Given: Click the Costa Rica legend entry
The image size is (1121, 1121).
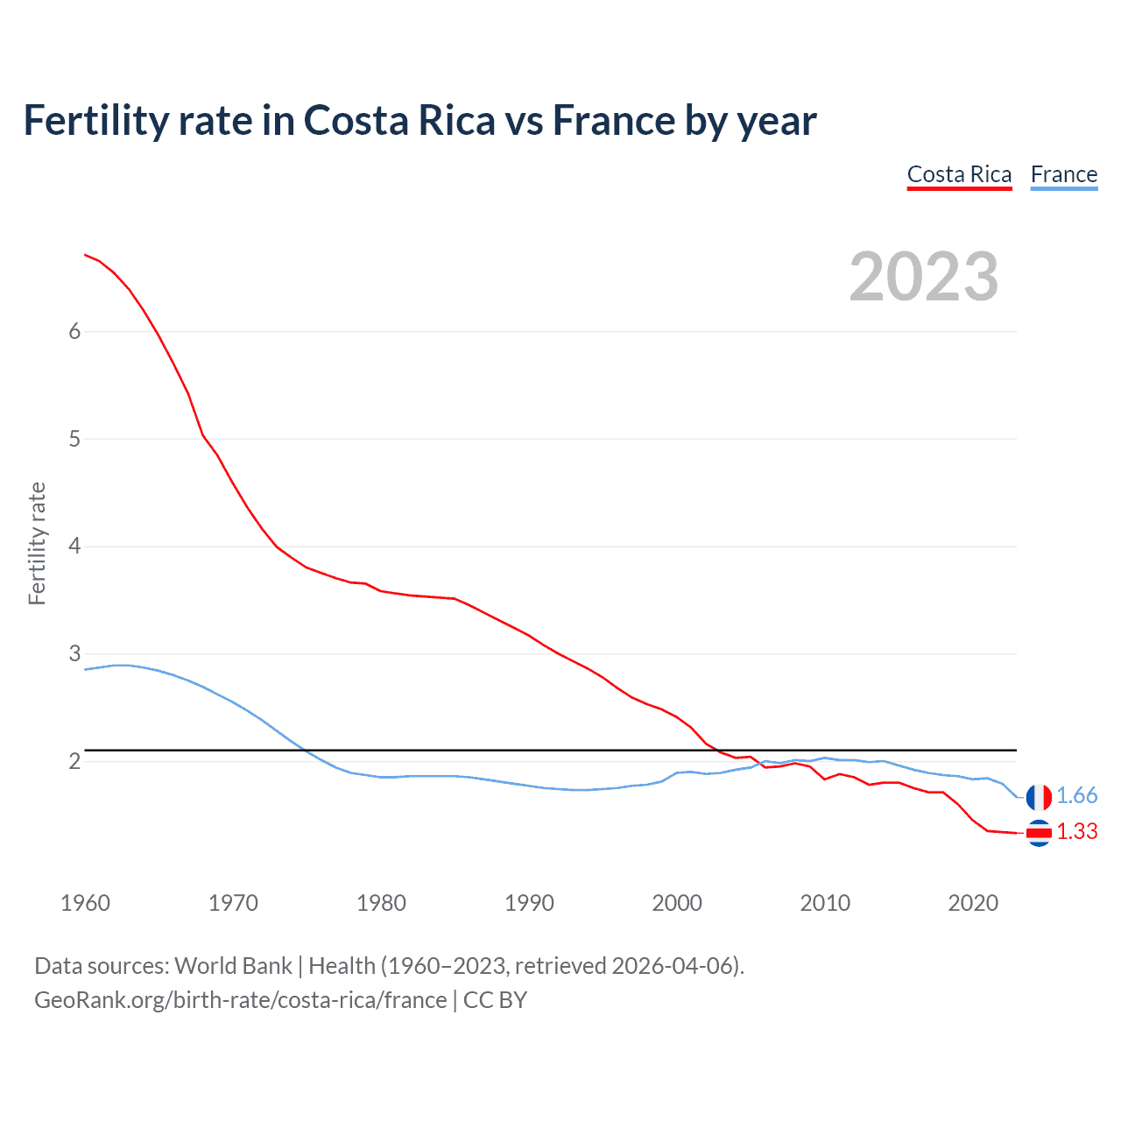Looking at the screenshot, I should [x=959, y=174].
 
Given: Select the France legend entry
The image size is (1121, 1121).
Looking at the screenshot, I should [x=1063, y=174].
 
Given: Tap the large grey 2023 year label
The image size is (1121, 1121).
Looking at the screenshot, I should [x=923, y=277].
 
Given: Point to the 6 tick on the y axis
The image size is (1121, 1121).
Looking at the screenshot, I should [x=74, y=331].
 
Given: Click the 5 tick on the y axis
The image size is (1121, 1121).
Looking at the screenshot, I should [x=74, y=439].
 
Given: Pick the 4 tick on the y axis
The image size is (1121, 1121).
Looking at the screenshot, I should [x=74, y=546].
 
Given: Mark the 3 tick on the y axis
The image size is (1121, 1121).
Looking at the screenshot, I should [x=74, y=654].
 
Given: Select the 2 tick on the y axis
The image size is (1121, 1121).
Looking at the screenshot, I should [x=74, y=761].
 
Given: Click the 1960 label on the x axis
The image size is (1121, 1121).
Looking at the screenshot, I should [x=85, y=903].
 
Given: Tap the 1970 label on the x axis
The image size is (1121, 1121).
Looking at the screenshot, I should [x=233, y=903].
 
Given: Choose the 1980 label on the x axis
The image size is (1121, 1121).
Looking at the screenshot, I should [x=381, y=903].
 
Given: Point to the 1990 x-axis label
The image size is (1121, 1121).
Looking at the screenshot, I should [x=529, y=903].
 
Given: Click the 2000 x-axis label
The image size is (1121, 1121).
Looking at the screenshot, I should [x=677, y=903].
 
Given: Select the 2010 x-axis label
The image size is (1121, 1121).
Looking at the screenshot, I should [x=825, y=903].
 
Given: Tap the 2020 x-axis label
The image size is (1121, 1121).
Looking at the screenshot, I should [x=973, y=903].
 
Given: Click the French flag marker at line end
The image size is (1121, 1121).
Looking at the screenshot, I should [x=1039, y=797].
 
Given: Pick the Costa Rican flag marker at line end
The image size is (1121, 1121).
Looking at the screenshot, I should [x=1039, y=833].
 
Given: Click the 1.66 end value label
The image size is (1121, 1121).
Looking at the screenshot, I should [x=1076, y=795].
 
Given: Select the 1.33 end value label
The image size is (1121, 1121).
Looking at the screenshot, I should [x=1076, y=831].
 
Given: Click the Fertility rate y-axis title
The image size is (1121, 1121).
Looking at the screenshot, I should [x=37, y=543].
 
